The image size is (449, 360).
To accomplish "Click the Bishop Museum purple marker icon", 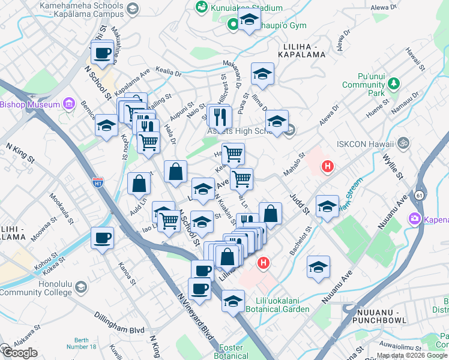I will pos(68,104).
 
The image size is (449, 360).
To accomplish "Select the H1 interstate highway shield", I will pos(98,181).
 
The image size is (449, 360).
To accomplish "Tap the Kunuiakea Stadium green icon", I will pos(201,7).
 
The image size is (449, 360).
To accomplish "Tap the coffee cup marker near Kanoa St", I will pos(101,238).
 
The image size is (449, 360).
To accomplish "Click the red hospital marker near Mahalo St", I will pos(327,166).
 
